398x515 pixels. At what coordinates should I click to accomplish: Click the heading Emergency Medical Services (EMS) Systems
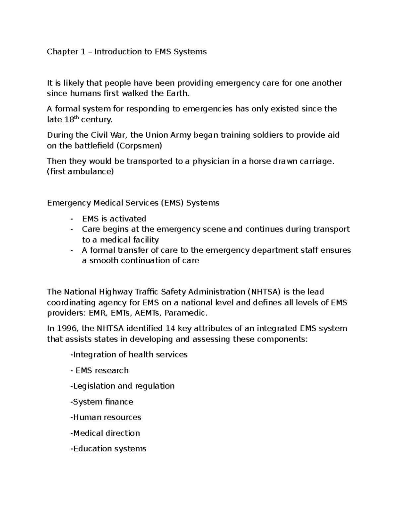133,203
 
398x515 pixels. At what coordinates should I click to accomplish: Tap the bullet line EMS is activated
114,219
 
